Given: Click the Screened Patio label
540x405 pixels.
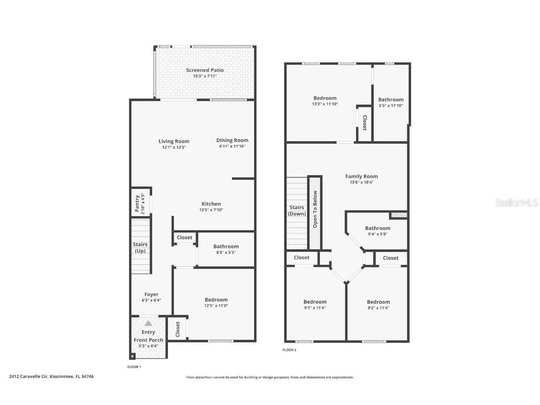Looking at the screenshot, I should (204, 70).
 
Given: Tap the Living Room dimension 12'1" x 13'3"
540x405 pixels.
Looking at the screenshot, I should (173, 147).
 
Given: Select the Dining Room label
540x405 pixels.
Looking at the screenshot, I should (232, 140).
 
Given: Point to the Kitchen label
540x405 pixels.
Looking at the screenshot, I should (211, 204).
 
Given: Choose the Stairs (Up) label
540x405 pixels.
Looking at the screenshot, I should (140, 247).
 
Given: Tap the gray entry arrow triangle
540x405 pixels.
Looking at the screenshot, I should (148, 323).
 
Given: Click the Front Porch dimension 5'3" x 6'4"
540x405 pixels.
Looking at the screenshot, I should (148, 346).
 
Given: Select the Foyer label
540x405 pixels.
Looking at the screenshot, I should (151, 294).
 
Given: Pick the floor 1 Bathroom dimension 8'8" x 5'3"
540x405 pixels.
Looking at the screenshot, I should (225, 252).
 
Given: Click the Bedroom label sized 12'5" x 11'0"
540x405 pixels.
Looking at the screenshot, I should (216, 300).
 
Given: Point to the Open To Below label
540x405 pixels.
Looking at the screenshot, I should (315, 209).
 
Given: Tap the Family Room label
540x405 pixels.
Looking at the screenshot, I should (361, 176).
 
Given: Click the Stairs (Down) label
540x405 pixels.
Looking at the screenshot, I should (296, 210).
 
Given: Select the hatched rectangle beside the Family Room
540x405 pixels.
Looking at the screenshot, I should (399, 215).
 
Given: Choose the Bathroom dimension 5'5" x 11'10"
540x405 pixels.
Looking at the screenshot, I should (390, 105).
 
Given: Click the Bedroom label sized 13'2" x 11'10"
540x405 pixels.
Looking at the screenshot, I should (325, 98).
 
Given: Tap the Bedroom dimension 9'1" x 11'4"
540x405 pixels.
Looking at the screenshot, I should (315, 308).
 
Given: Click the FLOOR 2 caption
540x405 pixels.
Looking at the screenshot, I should (289, 350).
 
